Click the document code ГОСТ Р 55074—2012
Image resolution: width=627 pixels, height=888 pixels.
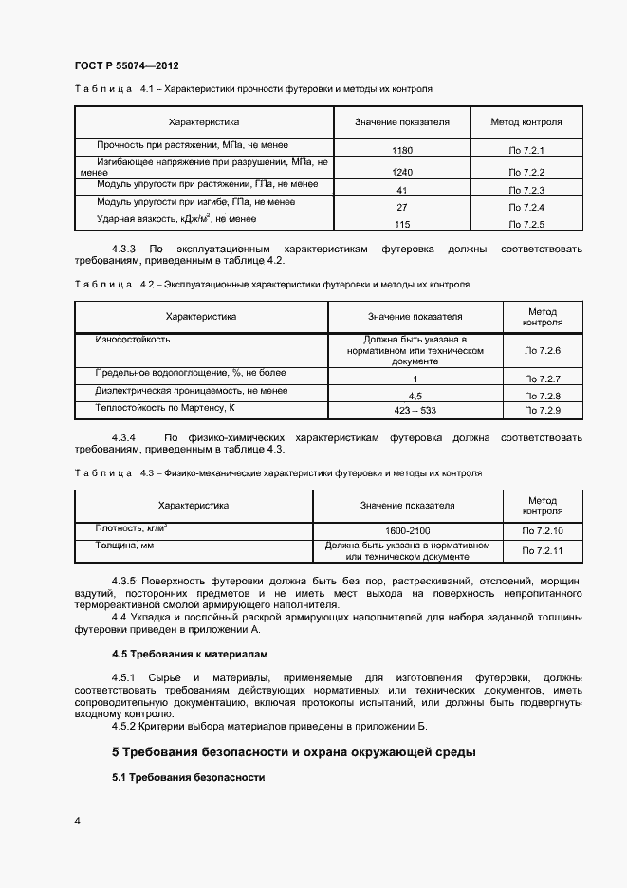126,65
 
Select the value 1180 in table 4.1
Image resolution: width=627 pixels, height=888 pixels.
401,150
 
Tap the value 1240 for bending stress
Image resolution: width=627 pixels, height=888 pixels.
401,172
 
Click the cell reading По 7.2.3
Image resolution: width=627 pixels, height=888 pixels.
526,191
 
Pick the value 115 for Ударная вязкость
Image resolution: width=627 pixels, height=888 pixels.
401,224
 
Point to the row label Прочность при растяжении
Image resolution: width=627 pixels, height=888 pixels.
171,145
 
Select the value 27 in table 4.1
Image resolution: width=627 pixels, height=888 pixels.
401,207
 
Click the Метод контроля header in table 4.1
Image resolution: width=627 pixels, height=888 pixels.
526,121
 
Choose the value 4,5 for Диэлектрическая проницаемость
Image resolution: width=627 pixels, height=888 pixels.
415,395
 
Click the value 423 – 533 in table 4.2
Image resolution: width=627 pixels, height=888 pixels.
415,411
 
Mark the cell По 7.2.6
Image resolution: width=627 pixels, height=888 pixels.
543,351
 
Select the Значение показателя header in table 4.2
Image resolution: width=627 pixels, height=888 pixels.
415,317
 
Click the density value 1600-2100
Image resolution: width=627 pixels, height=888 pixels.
407,531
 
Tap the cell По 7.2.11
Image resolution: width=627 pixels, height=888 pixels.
543,550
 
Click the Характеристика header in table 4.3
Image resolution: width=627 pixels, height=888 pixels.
194,506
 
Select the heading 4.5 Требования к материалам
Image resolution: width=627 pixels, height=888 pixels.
191,654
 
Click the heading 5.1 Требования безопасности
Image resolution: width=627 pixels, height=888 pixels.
187,777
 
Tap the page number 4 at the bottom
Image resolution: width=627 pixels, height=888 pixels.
77,821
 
